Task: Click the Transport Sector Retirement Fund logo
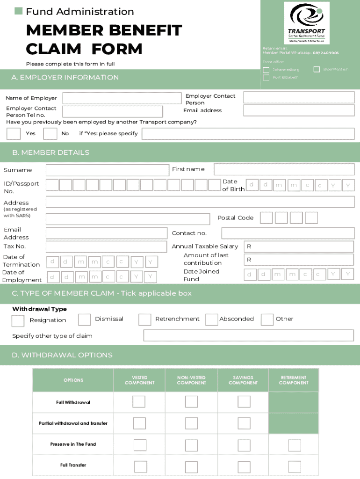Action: [x=307, y=22]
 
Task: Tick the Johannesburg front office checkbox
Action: [x=266, y=70]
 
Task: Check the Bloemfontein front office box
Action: [x=317, y=69]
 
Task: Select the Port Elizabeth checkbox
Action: [x=266, y=78]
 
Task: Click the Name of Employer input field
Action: [x=122, y=98]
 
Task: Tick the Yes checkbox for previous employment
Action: [x=14, y=134]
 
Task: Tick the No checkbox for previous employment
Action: [x=50, y=134]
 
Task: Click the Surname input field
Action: [x=107, y=170]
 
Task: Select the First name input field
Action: [x=284, y=169]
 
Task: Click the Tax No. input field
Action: [x=106, y=247]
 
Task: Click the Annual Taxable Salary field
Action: [x=299, y=247]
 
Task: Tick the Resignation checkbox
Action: [x=18, y=320]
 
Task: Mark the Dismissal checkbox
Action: [x=85, y=319]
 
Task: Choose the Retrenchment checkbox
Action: [x=145, y=319]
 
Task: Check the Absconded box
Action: [x=212, y=319]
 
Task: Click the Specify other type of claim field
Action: [x=248, y=335]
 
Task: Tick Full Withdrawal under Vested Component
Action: [x=139, y=402]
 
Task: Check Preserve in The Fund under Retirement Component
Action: [x=295, y=445]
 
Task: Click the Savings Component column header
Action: [x=243, y=380]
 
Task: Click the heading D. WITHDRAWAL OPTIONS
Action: [x=62, y=355]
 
